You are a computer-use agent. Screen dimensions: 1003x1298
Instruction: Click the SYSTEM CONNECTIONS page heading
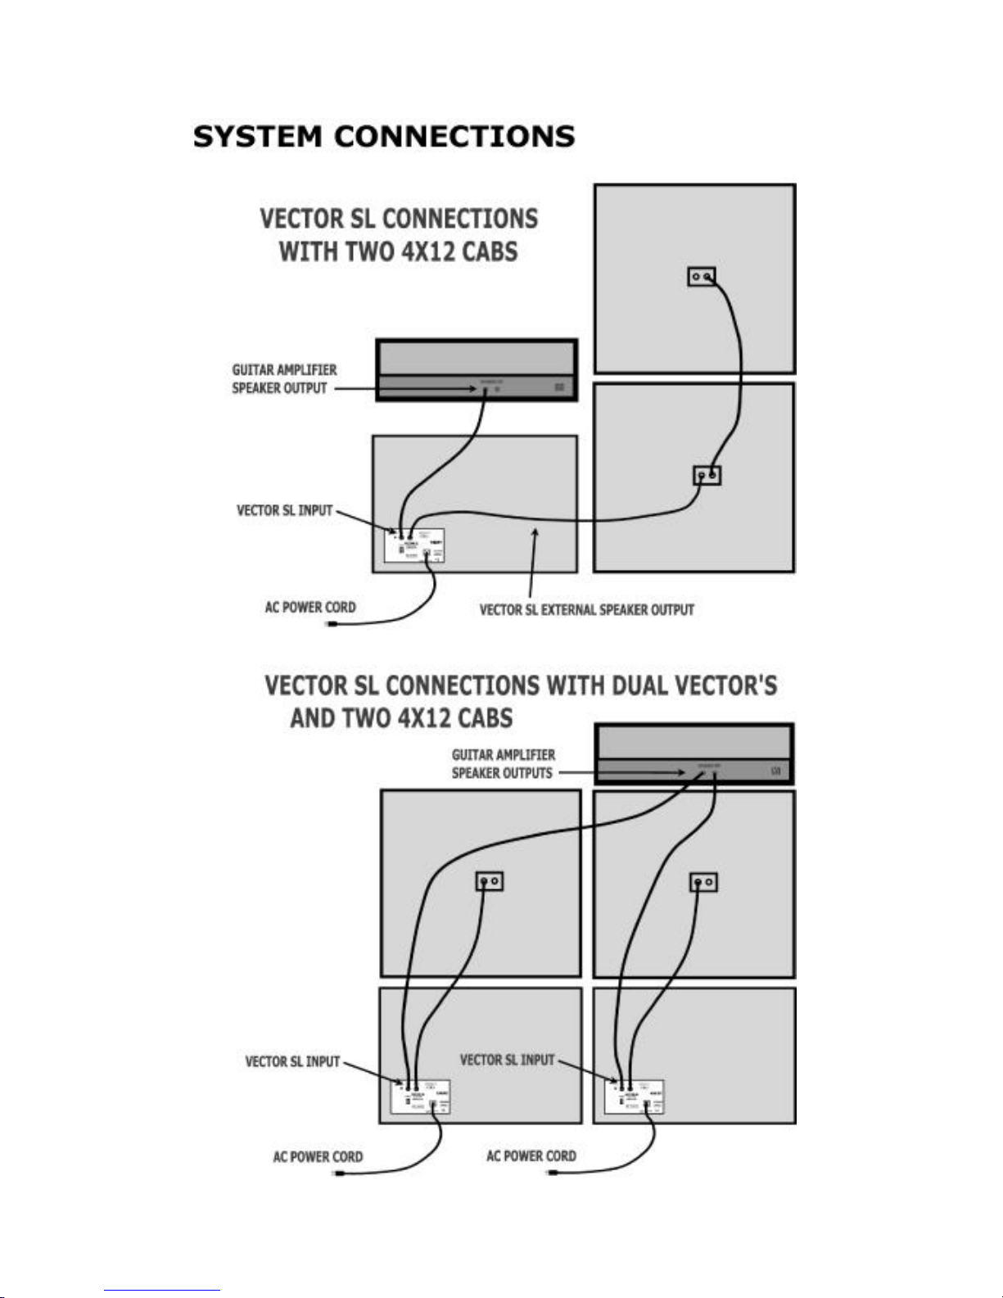[383, 136]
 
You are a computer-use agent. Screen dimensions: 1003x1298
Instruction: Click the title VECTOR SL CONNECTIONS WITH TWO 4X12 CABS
[399, 235]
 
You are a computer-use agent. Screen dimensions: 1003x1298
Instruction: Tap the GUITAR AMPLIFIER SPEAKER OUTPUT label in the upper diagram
[283, 379]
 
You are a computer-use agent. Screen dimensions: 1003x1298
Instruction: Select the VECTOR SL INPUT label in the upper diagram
[284, 511]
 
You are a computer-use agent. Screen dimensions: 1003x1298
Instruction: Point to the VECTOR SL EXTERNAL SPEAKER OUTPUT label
[586, 610]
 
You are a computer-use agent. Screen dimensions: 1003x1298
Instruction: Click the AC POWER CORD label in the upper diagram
[309, 608]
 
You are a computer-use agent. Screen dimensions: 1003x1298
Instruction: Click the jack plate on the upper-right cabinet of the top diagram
[701, 277]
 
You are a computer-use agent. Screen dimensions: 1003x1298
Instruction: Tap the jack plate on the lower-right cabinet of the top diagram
[707, 475]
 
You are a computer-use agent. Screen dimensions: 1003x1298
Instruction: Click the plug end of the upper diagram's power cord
[332, 625]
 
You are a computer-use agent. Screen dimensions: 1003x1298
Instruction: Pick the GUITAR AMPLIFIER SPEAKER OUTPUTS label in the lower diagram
[503, 764]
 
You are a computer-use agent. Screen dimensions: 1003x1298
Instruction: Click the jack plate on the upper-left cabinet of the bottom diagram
[490, 881]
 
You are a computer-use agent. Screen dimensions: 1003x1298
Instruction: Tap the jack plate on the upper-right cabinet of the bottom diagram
[703, 882]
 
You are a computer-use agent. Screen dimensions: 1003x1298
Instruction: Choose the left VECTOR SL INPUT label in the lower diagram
[292, 1062]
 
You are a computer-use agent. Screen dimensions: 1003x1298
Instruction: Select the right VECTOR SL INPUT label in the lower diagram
[507, 1060]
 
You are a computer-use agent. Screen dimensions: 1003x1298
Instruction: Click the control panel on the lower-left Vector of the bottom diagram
[422, 1097]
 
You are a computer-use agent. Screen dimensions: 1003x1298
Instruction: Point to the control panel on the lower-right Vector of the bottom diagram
[634, 1097]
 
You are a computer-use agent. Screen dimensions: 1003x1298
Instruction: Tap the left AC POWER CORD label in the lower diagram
[317, 1157]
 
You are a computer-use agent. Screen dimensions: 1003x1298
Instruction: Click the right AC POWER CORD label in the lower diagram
[531, 1156]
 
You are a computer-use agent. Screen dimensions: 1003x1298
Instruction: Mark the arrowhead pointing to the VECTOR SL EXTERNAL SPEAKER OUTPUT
[536, 533]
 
